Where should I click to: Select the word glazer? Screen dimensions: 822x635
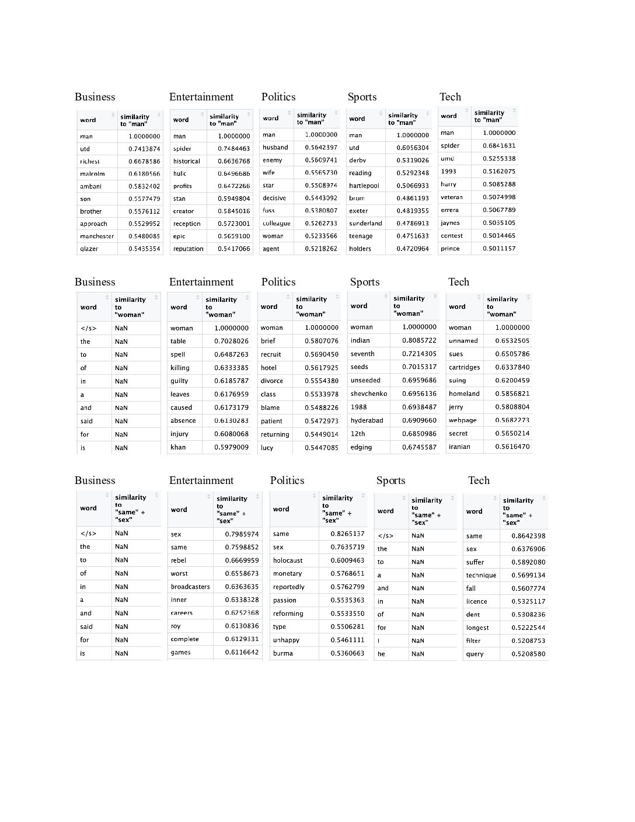[x=89, y=249]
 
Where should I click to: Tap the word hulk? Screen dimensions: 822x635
[x=179, y=173]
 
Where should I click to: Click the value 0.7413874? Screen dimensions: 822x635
[x=144, y=149]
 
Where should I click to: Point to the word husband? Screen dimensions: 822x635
[x=275, y=147]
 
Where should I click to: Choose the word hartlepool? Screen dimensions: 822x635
[x=364, y=186]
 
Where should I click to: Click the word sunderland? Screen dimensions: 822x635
[x=365, y=223]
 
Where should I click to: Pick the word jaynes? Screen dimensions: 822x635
[x=450, y=222]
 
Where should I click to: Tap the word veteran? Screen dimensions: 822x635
[x=451, y=197]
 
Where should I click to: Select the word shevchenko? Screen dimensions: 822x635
[x=369, y=393]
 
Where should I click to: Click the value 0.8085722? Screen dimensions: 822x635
[x=419, y=340]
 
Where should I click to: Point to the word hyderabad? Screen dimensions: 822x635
[x=367, y=420]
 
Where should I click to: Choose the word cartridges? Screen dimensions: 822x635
[x=464, y=367]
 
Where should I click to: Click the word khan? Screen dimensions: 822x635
[x=178, y=447]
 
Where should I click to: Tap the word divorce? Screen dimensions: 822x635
[x=271, y=381]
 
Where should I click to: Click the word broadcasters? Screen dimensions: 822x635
[x=190, y=587]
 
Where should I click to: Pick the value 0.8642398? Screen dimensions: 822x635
[x=528, y=536]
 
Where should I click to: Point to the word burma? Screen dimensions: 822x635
[x=282, y=653]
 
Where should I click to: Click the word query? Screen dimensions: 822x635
[x=474, y=654]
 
